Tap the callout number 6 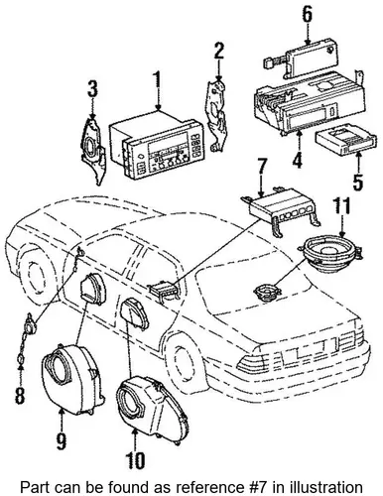(x=308, y=16)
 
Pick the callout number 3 (x=92, y=89)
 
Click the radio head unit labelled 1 (x=157, y=146)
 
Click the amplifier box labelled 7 (x=281, y=211)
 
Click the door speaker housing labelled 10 (x=151, y=404)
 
